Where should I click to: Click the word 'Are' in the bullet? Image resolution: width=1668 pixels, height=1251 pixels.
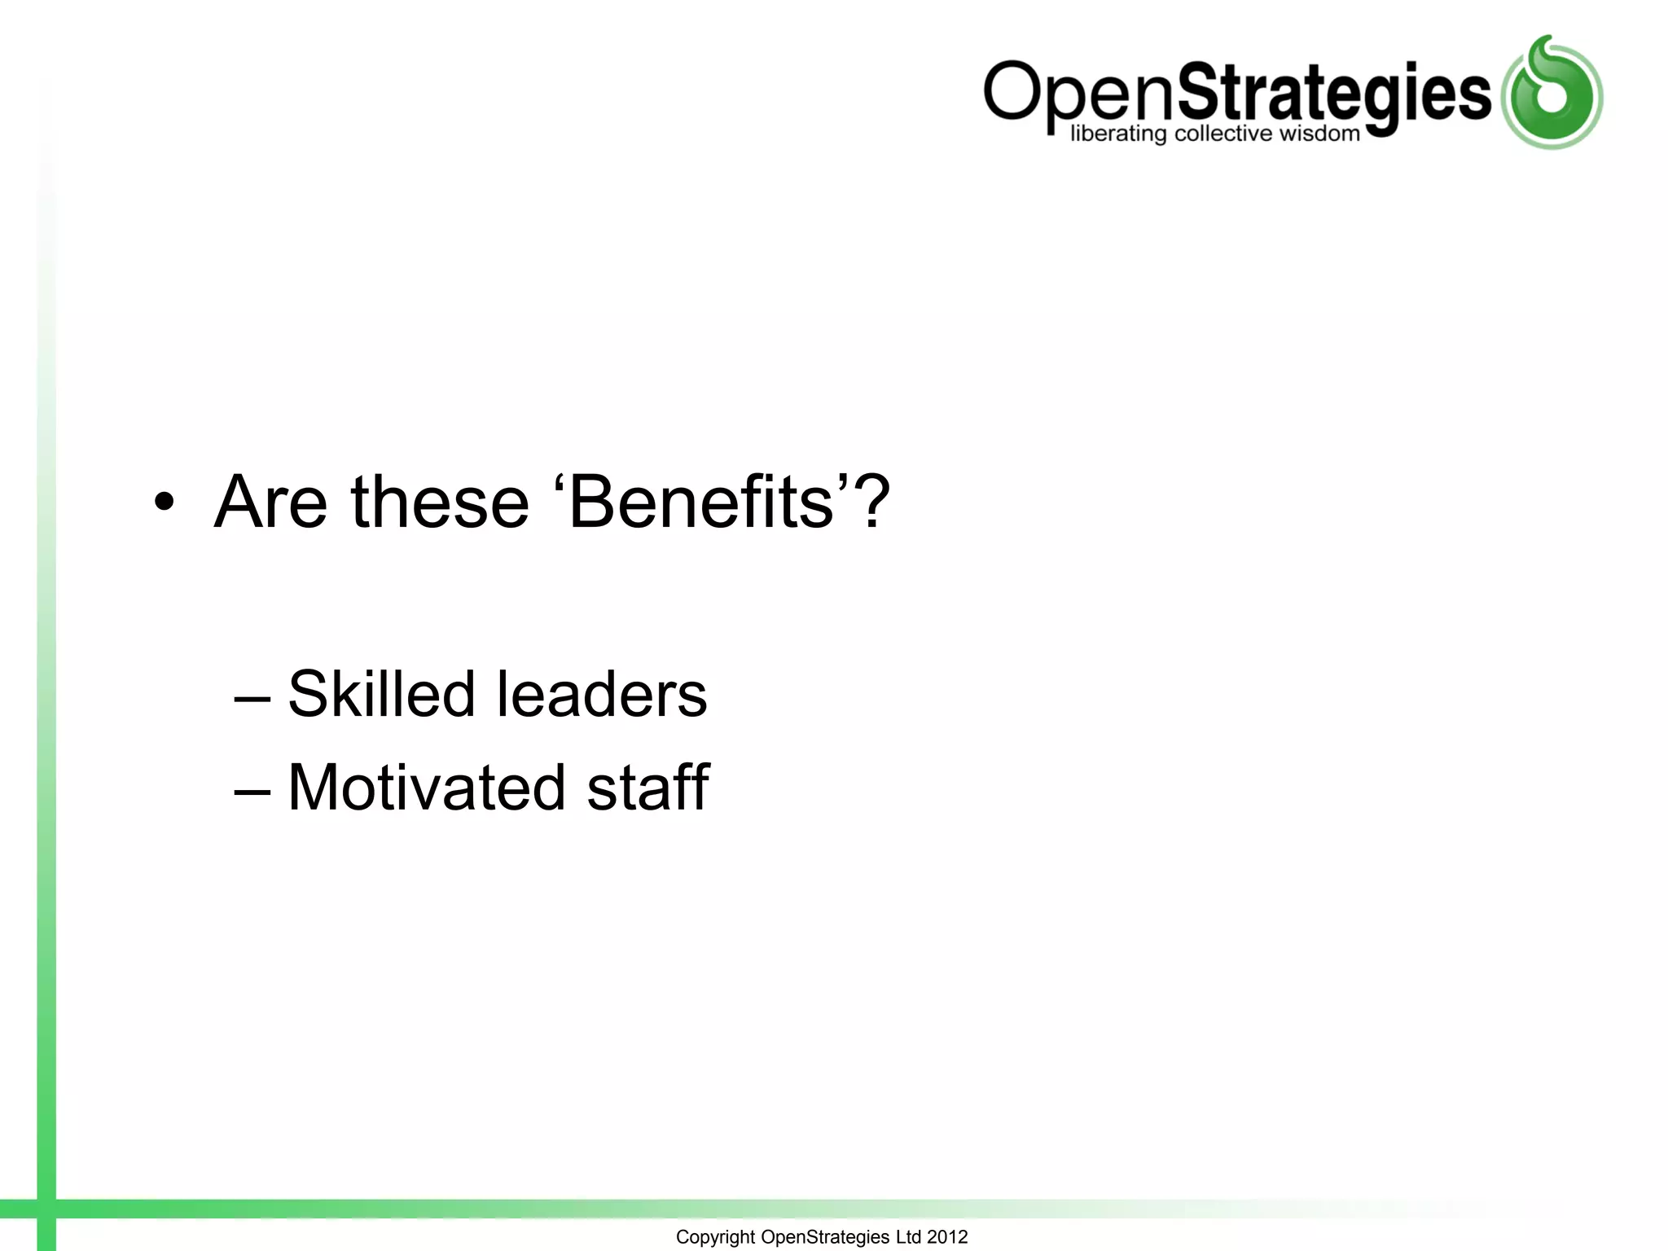pyautogui.click(x=270, y=503)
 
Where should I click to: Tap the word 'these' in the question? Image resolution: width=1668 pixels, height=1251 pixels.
pyautogui.click(x=440, y=503)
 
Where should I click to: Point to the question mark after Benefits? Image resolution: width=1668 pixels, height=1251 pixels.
pyautogui.click(x=873, y=503)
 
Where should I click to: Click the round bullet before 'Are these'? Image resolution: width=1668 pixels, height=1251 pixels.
pyautogui.click(x=165, y=503)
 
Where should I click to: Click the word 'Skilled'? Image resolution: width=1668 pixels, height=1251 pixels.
pyautogui.click(x=381, y=694)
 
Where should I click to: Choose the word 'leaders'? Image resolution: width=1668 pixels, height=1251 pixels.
pyautogui.click(x=602, y=694)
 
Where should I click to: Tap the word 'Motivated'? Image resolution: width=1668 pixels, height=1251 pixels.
pyautogui.click(x=427, y=788)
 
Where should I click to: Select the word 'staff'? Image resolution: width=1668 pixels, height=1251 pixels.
pyautogui.click(x=648, y=788)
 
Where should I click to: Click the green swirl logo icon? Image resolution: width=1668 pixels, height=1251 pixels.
pyautogui.click(x=1552, y=94)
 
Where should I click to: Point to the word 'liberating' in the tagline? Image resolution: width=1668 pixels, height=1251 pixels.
pyautogui.click(x=1118, y=134)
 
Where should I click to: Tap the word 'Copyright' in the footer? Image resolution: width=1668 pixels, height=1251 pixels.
pyautogui.click(x=715, y=1237)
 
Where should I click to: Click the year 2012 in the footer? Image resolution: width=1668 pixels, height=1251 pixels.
pyautogui.click(x=947, y=1237)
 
